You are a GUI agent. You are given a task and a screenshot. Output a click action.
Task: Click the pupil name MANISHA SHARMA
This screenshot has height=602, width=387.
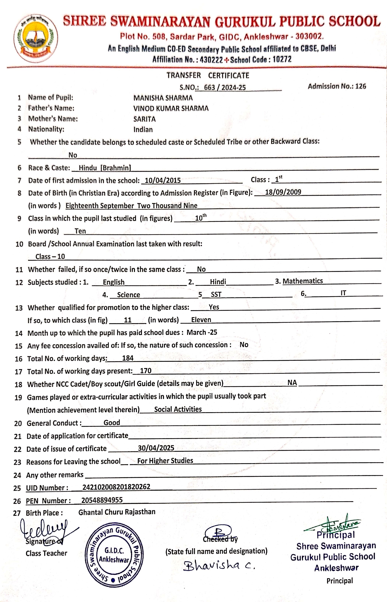click(x=163, y=98)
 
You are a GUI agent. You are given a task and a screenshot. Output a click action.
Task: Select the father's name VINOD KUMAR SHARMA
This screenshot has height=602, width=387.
click(x=171, y=108)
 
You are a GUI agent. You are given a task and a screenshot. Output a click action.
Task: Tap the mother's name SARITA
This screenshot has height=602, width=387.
click(x=144, y=119)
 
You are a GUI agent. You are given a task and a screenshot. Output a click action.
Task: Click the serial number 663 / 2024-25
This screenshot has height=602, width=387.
click(x=225, y=87)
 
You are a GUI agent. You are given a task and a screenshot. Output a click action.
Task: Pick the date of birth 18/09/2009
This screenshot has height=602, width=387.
click(x=283, y=192)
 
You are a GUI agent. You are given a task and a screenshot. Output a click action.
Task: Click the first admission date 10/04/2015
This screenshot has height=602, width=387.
click(x=163, y=180)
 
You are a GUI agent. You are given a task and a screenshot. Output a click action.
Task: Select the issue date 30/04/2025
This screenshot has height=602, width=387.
click(x=156, y=448)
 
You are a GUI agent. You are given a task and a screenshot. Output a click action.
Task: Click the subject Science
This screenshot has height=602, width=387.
click(x=128, y=295)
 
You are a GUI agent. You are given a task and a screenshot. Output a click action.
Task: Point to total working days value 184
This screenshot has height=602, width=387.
click(x=128, y=358)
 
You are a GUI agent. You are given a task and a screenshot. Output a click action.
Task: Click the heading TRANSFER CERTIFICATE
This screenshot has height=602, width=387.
click(x=208, y=75)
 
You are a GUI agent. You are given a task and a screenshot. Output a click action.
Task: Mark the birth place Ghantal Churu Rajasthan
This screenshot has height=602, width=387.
click(x=117, y=512)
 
